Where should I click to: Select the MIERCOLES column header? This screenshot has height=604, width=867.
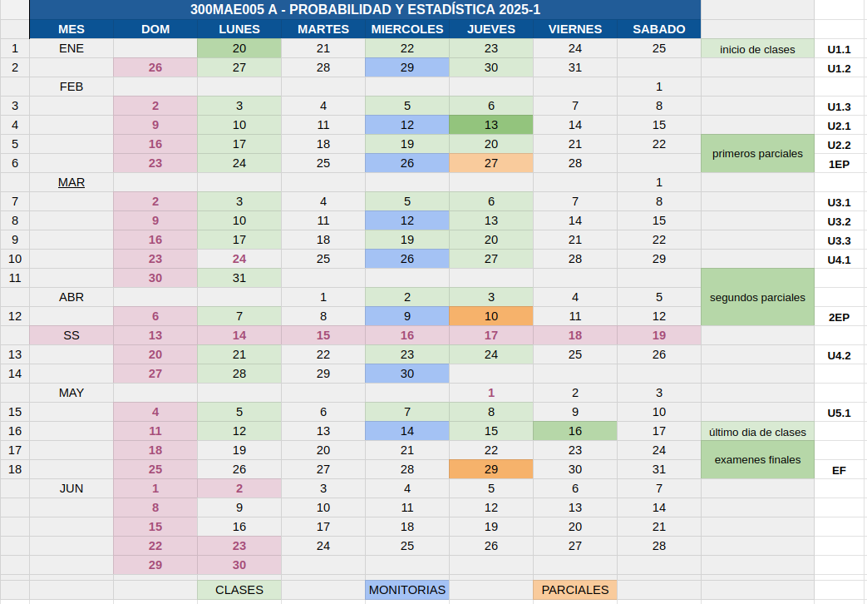[407, 29]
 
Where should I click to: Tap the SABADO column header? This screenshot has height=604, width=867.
[658, 29]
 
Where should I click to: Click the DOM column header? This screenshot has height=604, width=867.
[155, 29]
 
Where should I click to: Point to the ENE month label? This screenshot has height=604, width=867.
[71, 49]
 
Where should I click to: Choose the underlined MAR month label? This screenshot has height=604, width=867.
[71, 183]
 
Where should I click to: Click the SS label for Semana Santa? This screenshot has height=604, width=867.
[71, 335]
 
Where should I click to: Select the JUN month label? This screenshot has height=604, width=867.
[71, 488]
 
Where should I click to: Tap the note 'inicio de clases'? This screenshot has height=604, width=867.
[757, 49]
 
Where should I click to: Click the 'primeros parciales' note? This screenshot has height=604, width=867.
[757, 153]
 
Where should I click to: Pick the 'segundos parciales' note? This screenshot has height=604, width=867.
[757, 297]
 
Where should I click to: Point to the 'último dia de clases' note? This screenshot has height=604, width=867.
[757, 432]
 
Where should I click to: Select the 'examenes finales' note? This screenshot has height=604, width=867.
[757, 459]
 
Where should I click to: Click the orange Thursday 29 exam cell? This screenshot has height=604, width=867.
[491, 469]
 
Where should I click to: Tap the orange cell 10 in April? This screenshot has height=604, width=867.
[491, 317]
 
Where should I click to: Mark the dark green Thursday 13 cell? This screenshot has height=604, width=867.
[491, 125]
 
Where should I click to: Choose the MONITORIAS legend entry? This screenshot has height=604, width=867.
[407, 590]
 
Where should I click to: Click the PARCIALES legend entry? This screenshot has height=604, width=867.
[575, 590]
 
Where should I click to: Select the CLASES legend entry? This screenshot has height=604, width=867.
[239, 590]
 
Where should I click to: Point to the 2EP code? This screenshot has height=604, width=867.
[839, 318]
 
